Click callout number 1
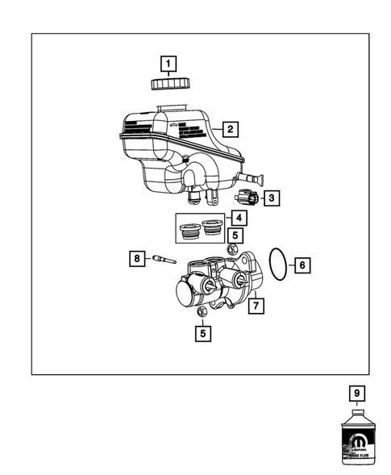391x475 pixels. [168, 63]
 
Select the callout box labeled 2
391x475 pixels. [230, 128]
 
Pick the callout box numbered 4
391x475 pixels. [239, 218]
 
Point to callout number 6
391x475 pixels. [302, 264]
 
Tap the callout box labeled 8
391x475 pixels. [137, 258]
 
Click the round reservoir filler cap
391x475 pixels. [169, 82]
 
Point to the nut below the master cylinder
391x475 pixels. [202, 311]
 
